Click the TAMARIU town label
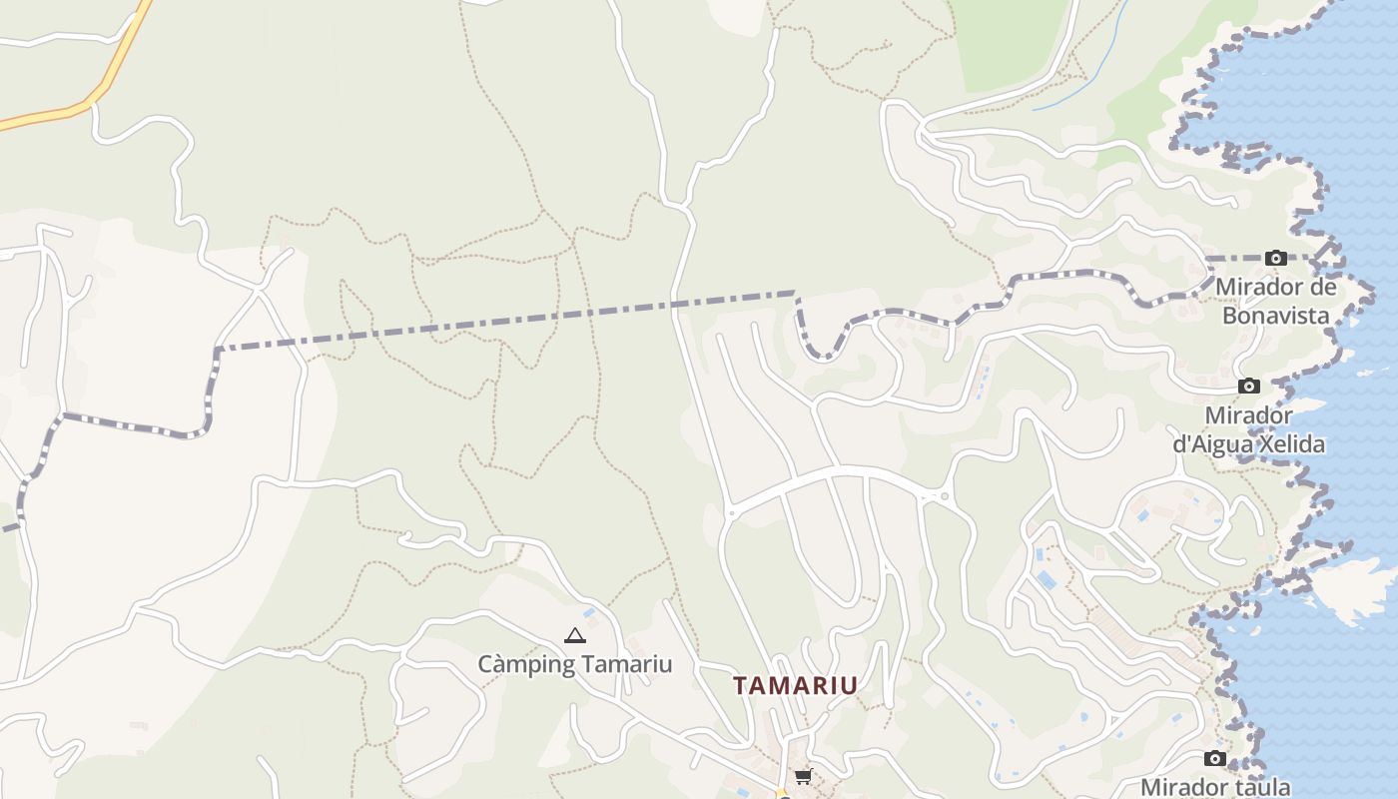pos(796,686)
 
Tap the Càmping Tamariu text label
pos(574,664)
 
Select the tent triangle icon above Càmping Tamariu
pos(574,635)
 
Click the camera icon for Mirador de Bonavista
pos(1275,258)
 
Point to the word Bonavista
pos(1276,316)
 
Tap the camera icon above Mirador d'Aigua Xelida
pos(1248,387)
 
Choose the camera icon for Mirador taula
pos(1215,759)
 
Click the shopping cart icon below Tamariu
pos(803,776)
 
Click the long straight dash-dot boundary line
pos(499,320)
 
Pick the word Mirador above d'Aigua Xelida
pos(1249,415)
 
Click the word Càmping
pos(526,664)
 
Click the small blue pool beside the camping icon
pos(589,612)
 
